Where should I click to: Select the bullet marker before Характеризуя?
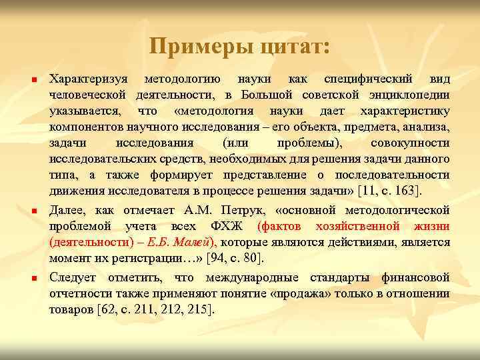33,79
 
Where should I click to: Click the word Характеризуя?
88,78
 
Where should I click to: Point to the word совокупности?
409,143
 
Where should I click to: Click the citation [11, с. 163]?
389,191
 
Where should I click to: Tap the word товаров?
71,309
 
